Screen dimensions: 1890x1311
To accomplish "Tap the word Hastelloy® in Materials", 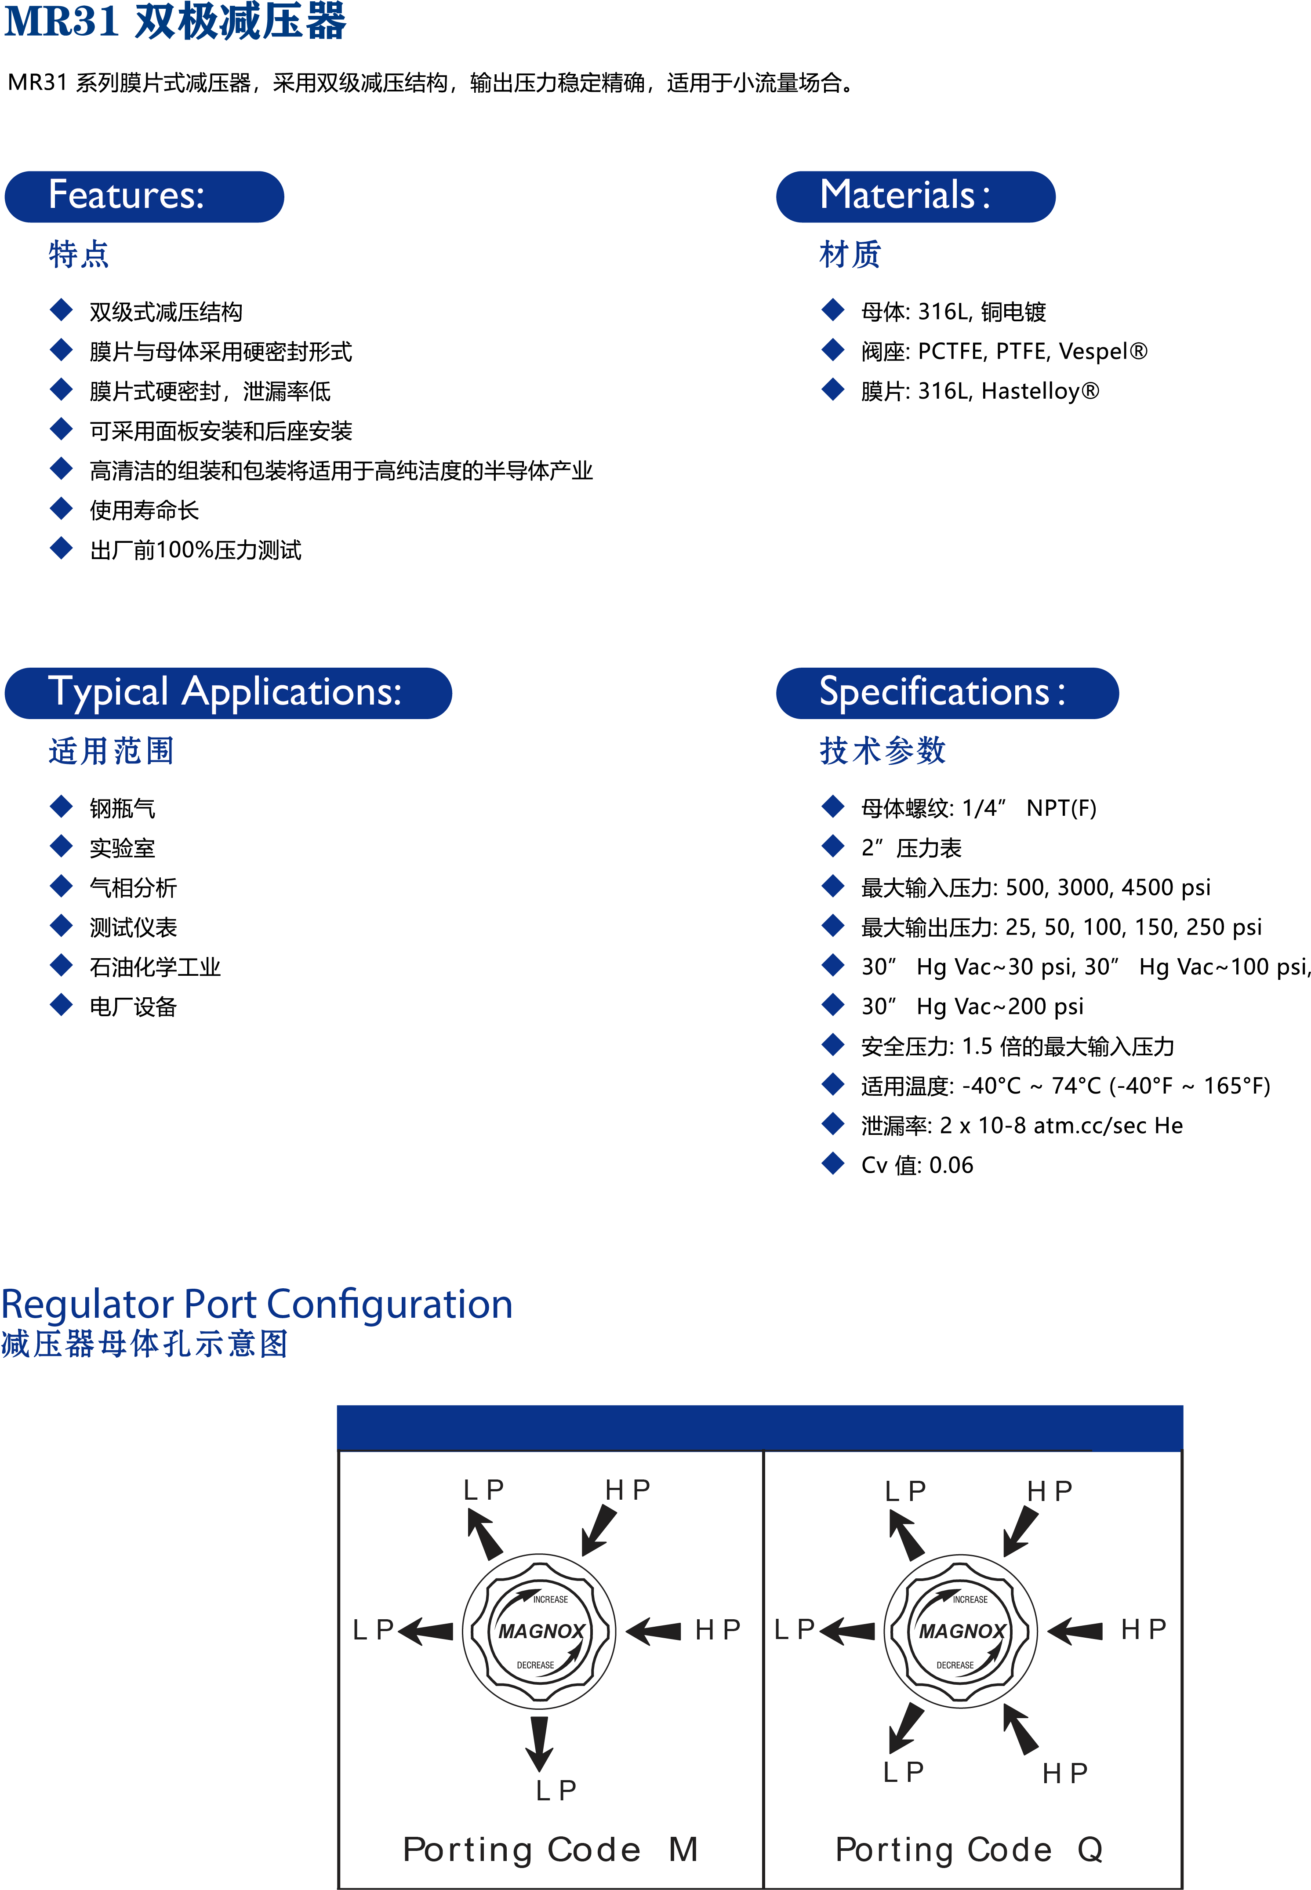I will click(x=1040, y=391).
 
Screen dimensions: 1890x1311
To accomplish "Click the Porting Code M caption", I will click(x=550, y=1850).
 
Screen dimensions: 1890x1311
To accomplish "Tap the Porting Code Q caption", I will click(x=969, y=1850).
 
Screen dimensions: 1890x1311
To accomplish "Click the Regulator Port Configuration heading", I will click(x=256, y=1305).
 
